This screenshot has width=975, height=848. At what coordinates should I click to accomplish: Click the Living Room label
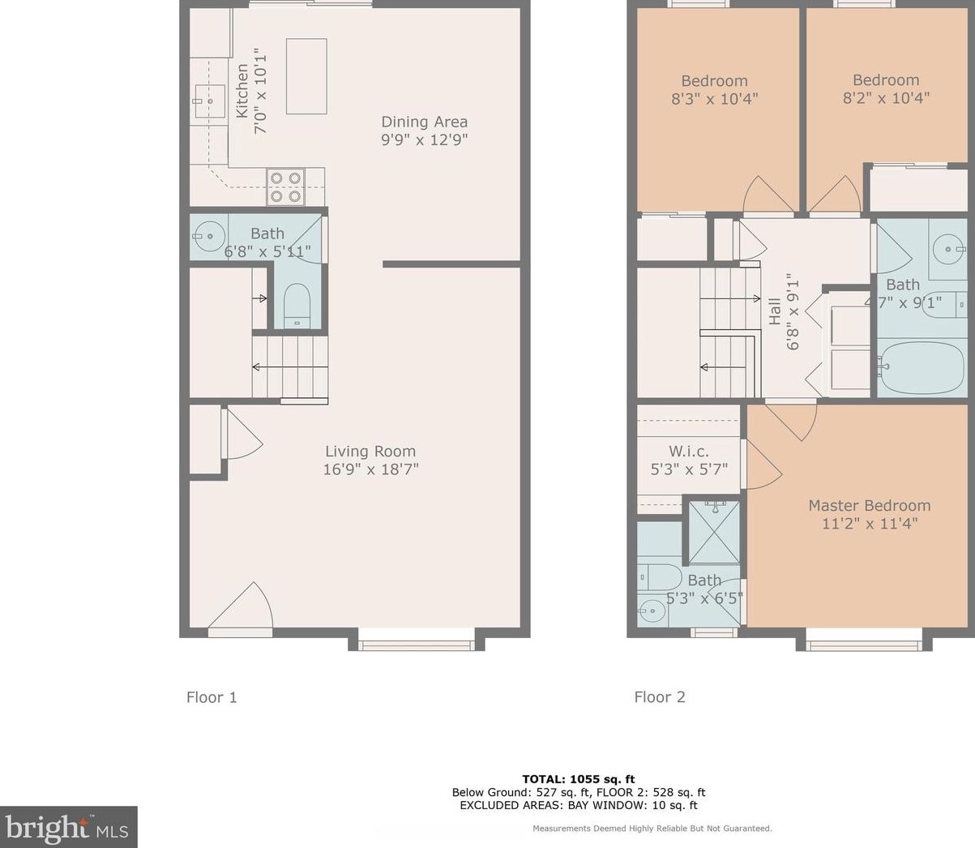pyautogui.click(x=370, y=452)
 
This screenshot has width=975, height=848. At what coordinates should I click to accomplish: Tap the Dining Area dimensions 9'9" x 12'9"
pyautogui.click(x=424, y=139)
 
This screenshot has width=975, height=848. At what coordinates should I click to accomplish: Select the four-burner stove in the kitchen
pyautogui.click(x=285, y=186)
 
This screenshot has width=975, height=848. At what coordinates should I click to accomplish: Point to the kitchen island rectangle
pyautogui.click(x=306, y=76)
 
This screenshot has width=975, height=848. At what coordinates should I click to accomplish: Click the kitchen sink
pyautogui.click(x=209, y=101)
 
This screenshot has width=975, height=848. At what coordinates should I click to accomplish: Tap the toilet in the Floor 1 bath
pyautogui.click(x=297, y=306)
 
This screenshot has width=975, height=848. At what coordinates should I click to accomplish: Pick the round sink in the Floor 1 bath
pyautogui.click(x=209, y=235)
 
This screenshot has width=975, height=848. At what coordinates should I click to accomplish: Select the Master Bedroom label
pyautogui.click(x=869, y=505)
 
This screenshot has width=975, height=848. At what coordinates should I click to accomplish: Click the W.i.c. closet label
pyautogui.click(x=689, y=451)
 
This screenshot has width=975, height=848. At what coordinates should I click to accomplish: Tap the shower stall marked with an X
pyautogui.click(x=714, y=532)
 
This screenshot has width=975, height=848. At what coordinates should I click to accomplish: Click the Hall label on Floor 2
pyautogui.click(x=775, y=312)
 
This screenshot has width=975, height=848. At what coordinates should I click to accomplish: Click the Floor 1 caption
pyautogui.click(x=212, y=697)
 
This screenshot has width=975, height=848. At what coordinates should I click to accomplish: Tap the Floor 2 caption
pyautogui.click(x=660, y=697)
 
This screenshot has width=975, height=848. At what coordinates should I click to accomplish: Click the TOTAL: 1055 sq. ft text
pyautogui.click(x=579, y=779)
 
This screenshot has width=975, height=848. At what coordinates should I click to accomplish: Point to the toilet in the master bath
pyautogui.click(x=660, y=576)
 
